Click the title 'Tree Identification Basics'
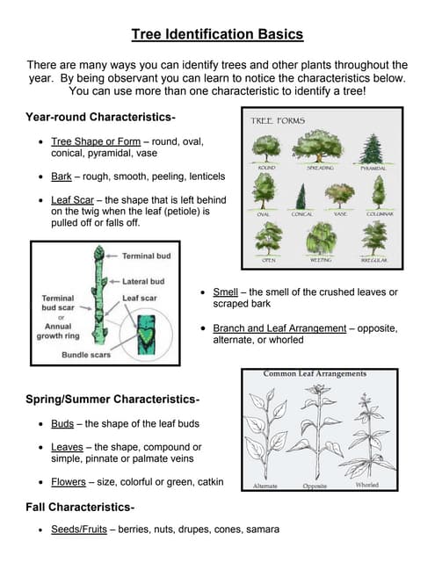pyautogui.click(x=217, y=35)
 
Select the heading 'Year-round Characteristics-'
pyautogui.click(x=100, y=117)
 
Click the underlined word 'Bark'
pyautogui.click(x=62, y=177)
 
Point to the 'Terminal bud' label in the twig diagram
pyautogui.click(x=146, y=256)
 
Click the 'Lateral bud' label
pyautogui.click(x=142, y=281)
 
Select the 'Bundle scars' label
pyautogui.click(x=86, y=355)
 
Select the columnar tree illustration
pyautogui.click(x=378, y=192)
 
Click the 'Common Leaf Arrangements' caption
pyautogui.click(x=314, y=373)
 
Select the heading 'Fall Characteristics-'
pyautogui.click(x=80, y=508)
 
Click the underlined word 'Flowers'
pyautogui.click(x=69, y=481)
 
